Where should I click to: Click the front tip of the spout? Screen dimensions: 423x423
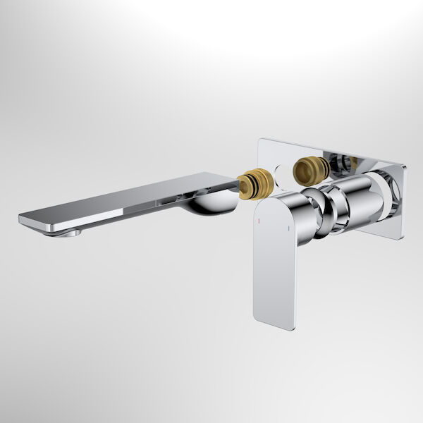pyautogui.click(x=23, y=221)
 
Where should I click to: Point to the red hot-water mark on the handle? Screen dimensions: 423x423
pyautogui.click(x=259, y=221)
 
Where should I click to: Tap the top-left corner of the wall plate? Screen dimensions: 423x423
pyautogui.click(x=260, y=140)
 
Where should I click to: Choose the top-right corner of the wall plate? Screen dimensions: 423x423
pyautogui.click(x=405, y=166)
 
